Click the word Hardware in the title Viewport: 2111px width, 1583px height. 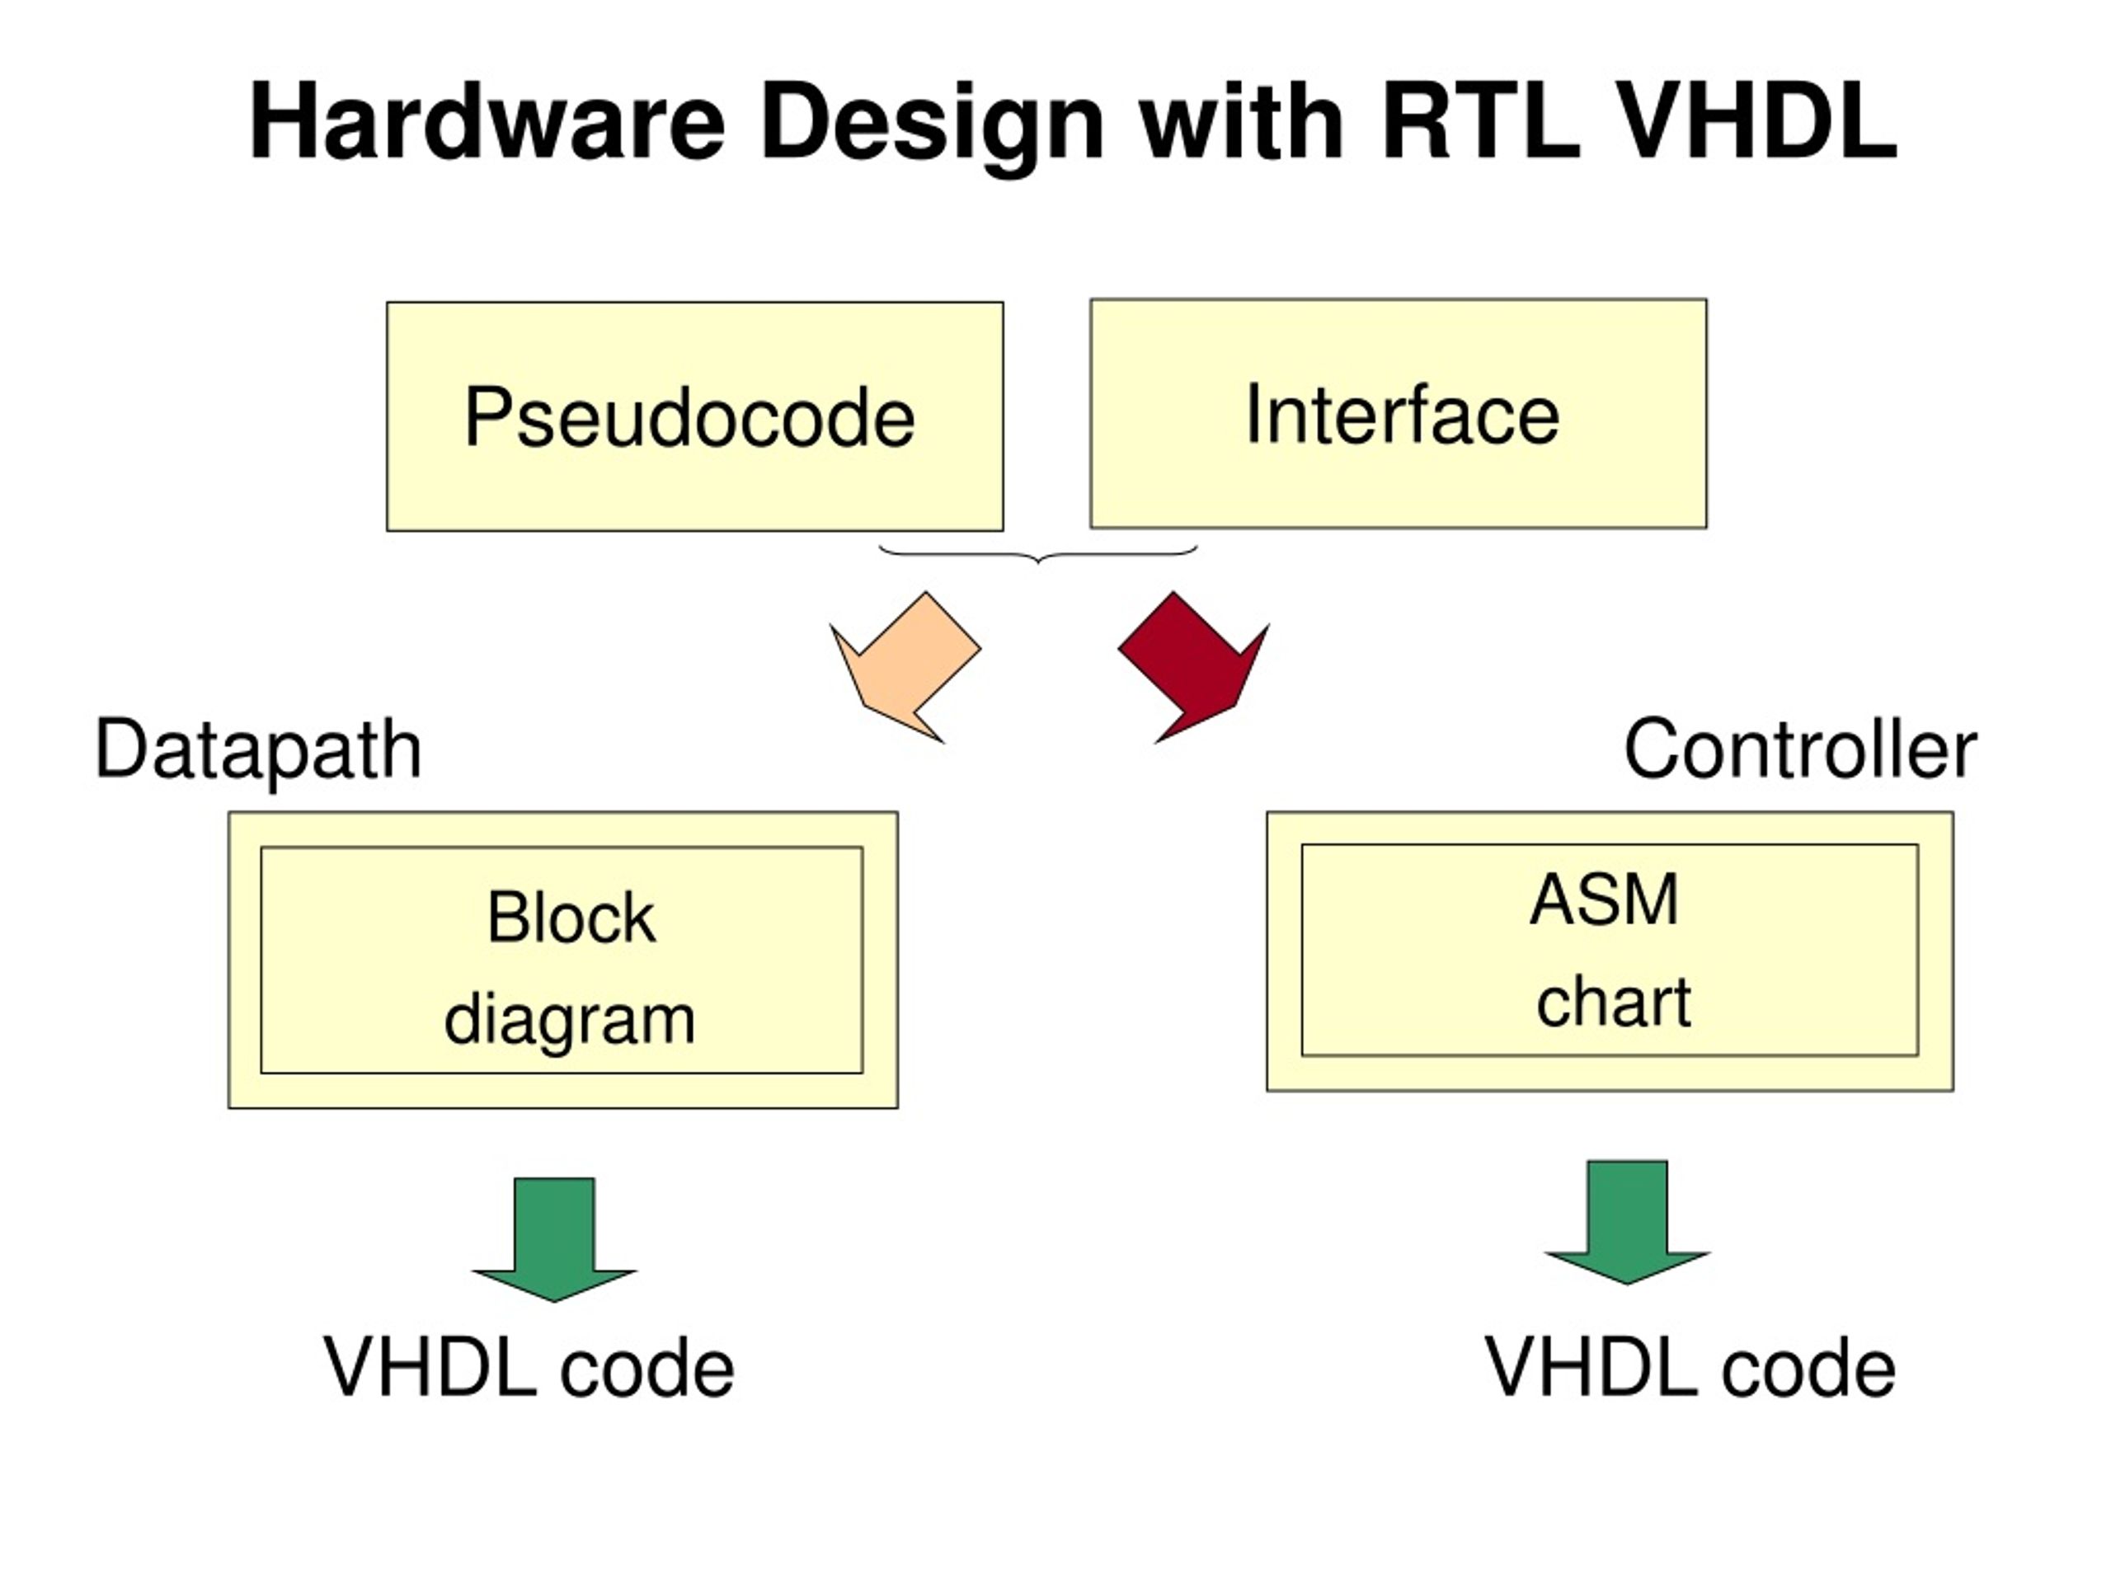487,122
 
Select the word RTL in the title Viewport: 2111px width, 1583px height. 1480,121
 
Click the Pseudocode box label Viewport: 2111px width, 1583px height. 690,417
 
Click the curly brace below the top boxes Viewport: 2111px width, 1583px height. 1037,554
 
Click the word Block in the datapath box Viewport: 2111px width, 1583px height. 571,917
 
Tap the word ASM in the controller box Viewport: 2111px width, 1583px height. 1603,900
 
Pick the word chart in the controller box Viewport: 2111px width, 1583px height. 1614,1001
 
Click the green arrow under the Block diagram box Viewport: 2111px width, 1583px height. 553,1239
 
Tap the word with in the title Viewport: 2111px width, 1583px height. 1242,121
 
